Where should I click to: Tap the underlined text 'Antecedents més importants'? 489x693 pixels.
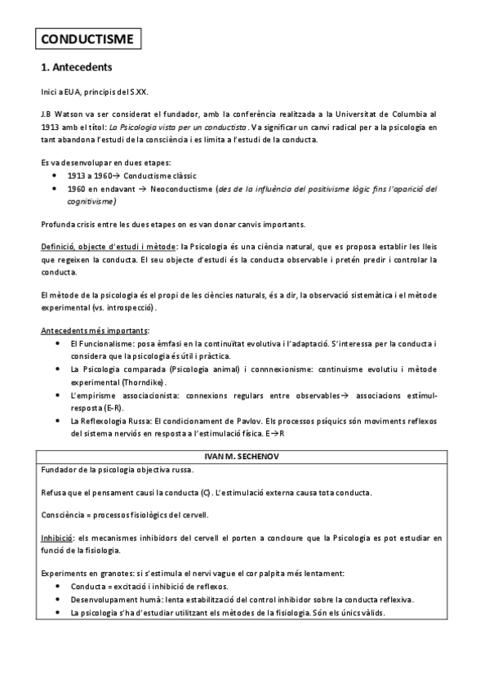click(x=94, y=330)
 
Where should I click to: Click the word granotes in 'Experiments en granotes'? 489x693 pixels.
click(x=113, y=573)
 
